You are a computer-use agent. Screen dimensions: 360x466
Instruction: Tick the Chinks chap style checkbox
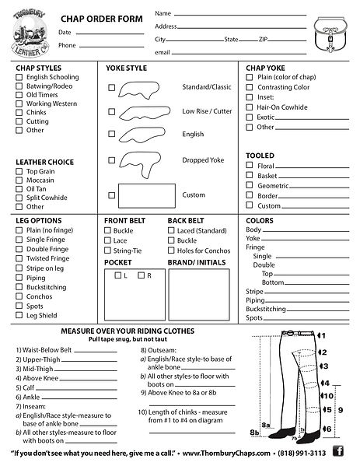tap(19, 112)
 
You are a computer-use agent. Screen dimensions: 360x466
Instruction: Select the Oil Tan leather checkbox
tap(19, 189)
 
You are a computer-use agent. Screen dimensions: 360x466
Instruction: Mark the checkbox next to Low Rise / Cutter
tap(112, 111)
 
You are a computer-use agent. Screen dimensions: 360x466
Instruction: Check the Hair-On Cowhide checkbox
tap(250, 107)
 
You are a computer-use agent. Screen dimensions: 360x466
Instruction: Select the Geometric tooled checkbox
tap(250, 187)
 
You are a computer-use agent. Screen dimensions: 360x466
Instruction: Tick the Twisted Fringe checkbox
tap(19, 258)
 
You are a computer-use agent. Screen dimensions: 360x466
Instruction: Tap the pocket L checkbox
tap(117, 275)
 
